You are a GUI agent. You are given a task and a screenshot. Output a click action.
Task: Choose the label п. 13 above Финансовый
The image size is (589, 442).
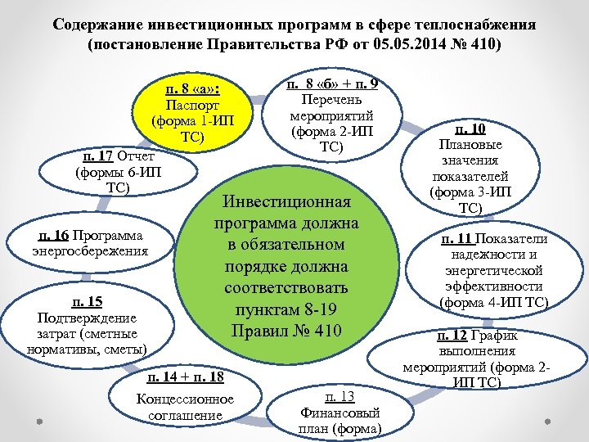[339, 397]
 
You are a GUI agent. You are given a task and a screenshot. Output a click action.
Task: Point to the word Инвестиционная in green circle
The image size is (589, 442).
[288, 202]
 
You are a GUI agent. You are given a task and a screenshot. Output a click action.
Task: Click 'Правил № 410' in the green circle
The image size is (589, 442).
[288, 331]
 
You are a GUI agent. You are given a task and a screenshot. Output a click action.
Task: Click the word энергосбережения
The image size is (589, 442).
[90, 250]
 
